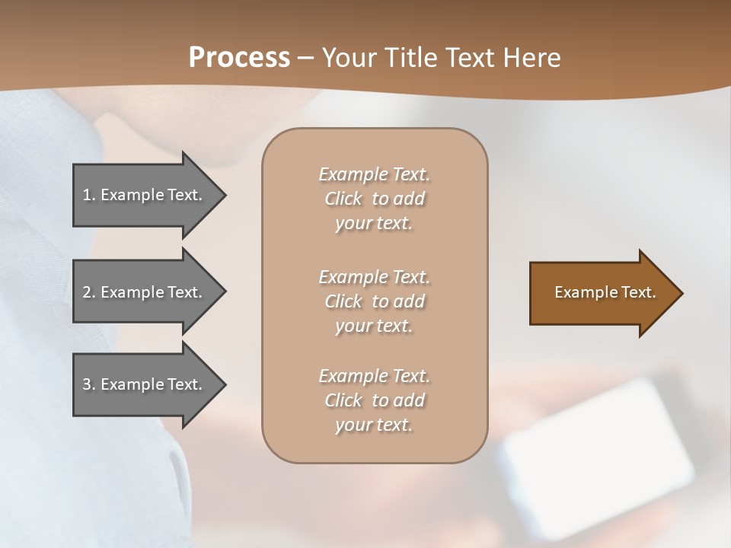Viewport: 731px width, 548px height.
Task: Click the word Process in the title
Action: click(x=239, y=58)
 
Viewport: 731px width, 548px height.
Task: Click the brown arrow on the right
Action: click(x=602, y=293)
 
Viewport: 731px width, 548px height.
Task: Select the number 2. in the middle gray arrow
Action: click(x=88, y=292)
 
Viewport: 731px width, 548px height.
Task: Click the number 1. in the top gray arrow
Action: click(x=88, y=195)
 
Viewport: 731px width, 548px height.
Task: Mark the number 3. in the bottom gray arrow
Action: click(x=88, y=384)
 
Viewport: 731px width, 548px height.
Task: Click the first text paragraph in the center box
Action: click(x=374, y=199)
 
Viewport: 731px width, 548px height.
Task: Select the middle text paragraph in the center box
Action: click(x=374, y=301)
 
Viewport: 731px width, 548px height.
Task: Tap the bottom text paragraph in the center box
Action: click(x=374, y=400)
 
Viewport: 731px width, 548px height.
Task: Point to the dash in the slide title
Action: click(x=305, y=59)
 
